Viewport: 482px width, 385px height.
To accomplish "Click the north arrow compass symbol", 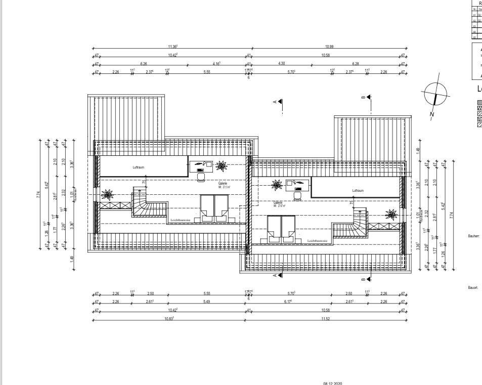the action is pos(436,95).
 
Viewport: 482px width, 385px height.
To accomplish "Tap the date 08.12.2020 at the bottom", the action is pos(332,383).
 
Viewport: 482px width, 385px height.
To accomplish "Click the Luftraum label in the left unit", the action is pos(139,167).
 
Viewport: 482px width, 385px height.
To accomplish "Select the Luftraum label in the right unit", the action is pos(358,191).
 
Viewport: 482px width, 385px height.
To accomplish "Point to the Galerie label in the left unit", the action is pos(223,183).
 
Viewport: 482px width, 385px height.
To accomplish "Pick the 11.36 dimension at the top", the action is pos(172,47).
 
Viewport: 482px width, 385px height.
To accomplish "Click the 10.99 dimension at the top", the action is pos(329,47).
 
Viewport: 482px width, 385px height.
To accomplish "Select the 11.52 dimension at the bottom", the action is pos(325,318).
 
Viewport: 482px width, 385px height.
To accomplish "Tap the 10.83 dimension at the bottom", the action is pos(169,318).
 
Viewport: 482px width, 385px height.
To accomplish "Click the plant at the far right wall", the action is pos(391,215).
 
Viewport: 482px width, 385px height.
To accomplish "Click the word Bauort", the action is pos(473,287).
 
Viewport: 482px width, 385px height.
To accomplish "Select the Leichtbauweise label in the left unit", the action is pos(181,220).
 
